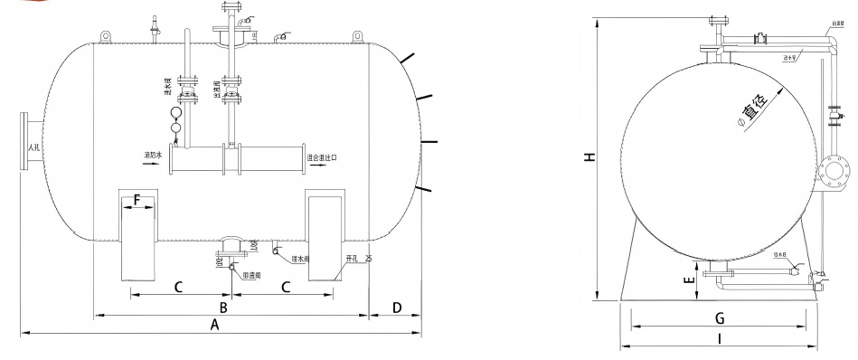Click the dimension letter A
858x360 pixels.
(x=214, y=324)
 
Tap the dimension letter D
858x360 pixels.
(x=396, y=308)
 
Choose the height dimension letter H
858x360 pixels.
(x=589, y=156)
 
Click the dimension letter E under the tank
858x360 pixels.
(x=689, y=280)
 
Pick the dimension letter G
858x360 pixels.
(x=720, y=317)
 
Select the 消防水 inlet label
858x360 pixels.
(x=151, y=156)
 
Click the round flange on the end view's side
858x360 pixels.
(x=834, y=170)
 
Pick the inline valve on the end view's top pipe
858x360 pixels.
(x=761, y=38)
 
